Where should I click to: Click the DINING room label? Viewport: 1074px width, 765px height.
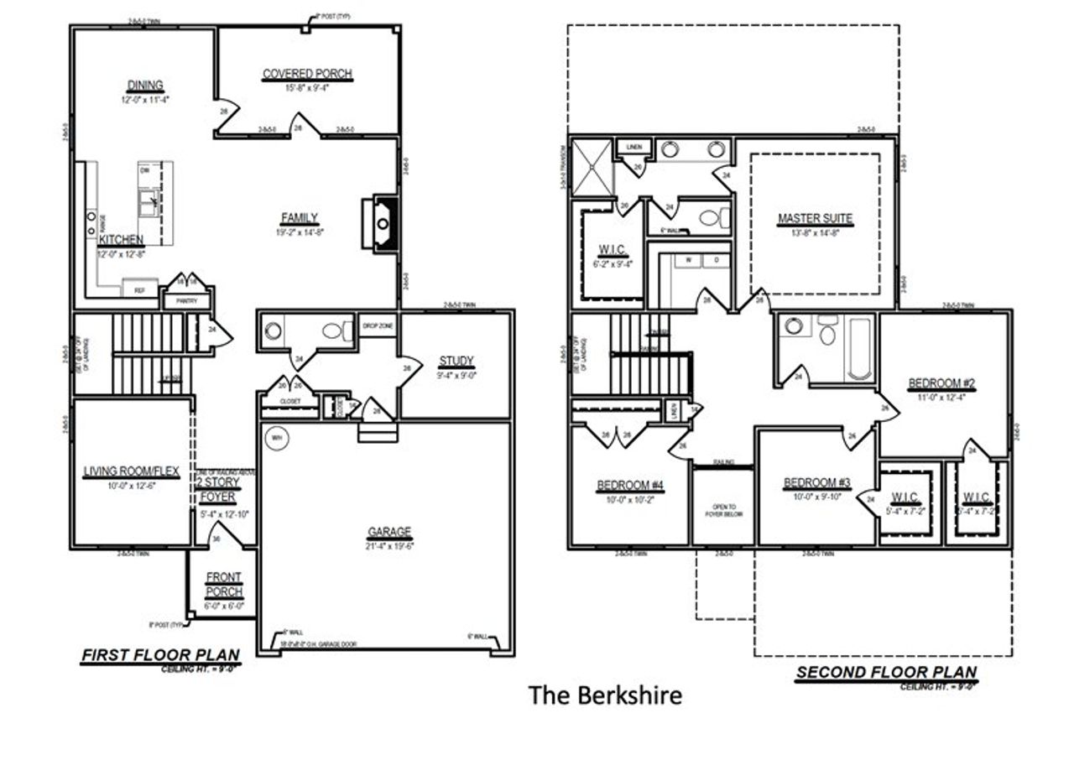[x=145, y=86]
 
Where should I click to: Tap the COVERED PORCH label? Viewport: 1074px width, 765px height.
[x=307, y=75]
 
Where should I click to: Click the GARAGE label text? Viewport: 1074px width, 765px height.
[x=389, y=532]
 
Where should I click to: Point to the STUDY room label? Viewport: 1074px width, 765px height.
[x=456, y=362]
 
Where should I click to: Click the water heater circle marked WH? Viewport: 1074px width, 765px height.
[x=277, y=438]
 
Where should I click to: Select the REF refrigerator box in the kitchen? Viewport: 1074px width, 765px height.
[x=140, y=291]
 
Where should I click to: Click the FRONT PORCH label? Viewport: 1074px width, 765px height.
[x=223, y=585]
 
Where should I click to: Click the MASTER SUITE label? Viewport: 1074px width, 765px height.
[x=815, y=219]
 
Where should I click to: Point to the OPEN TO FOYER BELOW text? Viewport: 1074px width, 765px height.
[x=722, y=511]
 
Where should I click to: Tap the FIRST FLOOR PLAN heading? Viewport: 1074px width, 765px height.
[x=159, y=654]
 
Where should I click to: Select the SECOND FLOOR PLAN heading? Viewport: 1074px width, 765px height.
[x=886, y=672]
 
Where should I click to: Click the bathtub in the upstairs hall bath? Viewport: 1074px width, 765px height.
[x=859, y=348]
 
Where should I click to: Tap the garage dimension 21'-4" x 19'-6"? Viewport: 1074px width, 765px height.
[x=389, y=546]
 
